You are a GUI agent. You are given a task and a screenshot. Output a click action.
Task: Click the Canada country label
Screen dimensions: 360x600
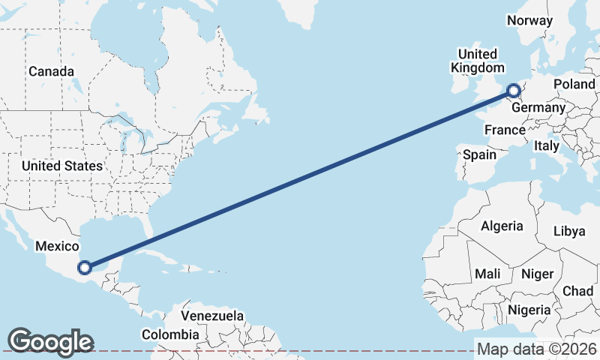pyautogui.click(x=51, y=72)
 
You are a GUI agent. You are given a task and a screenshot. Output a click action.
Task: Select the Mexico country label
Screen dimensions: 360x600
pyautogui.click(x=58, y=246)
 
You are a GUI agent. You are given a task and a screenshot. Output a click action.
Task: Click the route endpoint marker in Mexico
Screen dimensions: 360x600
pyautogui.click(x=85, y=267)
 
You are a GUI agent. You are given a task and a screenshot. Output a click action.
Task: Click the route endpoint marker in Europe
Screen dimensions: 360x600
pyautogui.click(x=514, y=92)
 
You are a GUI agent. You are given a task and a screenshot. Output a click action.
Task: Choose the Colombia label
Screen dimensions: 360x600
pyautogui.click(x=171, y=334)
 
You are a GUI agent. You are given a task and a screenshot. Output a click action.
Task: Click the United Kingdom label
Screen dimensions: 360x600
pyautogui.click(x=477, y=61)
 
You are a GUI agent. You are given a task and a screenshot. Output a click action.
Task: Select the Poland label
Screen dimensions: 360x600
pyautogui.click(x=574, y=85)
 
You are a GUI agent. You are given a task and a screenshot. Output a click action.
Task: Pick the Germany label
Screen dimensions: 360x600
pyautogui.click(x=538, y=108)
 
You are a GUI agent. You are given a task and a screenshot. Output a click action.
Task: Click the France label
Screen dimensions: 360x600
pyautogui.click(x=505, y=130)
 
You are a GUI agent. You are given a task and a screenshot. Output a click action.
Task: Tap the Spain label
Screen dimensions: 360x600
pyautogui.click(x=480, y=154)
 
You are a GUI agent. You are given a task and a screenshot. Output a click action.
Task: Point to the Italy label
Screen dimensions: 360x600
pyautogui.click(x=547, y=146)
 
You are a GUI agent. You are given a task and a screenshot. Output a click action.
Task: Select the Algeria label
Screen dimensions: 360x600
pyautogui.click(x=502, y=226)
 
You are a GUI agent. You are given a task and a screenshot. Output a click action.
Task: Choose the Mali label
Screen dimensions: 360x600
pyautogui.click(x=487, y=274)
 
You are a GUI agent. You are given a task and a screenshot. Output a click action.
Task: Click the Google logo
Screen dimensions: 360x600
pyautogui.click(x=50, y=341)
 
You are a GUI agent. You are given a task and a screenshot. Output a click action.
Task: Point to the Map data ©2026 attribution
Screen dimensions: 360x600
pyautogui.click(x=537, y=349)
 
